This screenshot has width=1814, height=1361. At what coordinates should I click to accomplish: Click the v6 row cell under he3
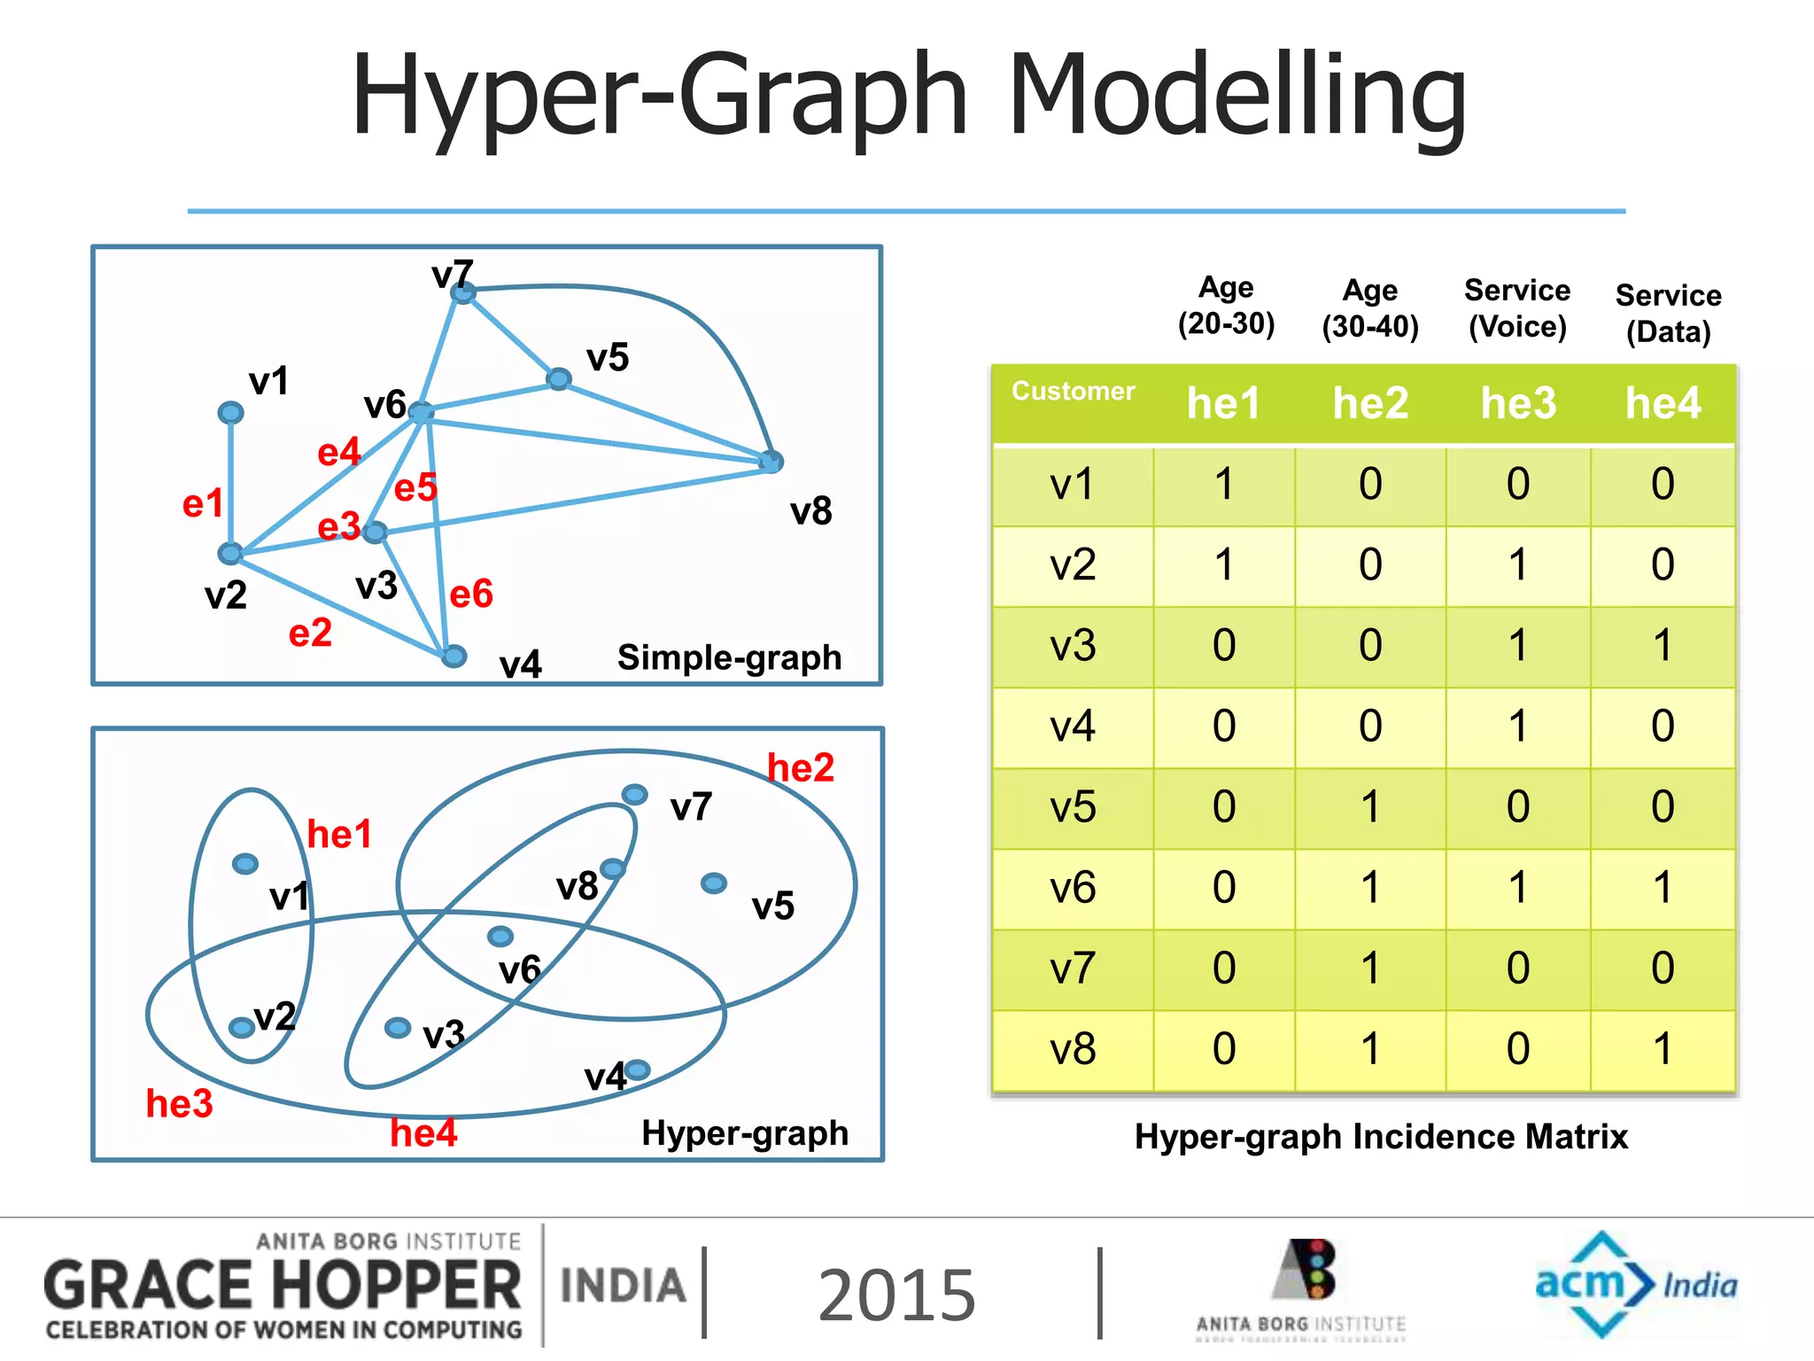click(x=1517, y=888)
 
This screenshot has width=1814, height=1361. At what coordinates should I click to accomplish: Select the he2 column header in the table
click(x=1370, y=403)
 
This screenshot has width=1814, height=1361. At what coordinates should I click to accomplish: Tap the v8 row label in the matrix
click(x=1073, y=1049)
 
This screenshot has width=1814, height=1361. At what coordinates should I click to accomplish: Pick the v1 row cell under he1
click(x=1224, y=485)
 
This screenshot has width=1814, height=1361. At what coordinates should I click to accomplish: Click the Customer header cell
click(x=1073, y=392)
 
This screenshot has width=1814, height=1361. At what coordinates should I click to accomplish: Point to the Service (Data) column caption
click(x=1668, y=313)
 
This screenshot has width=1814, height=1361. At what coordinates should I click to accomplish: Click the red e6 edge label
click(x=471, y=594)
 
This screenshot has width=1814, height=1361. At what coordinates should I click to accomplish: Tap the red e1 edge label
click(x=203, y=503)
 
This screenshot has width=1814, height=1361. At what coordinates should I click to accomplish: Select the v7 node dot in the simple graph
click(x=463, y=292)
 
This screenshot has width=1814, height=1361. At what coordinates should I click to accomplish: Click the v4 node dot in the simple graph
click(x=453, y=656)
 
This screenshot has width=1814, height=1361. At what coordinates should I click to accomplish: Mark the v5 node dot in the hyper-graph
click(x=714, y=883)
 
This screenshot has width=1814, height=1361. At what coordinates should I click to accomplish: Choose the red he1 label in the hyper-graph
click(x=339, y=834)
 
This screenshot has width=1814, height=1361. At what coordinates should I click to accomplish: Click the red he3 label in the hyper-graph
click(x=180, y=1104)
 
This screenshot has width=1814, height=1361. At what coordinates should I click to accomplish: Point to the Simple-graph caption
click(x=729, y=657)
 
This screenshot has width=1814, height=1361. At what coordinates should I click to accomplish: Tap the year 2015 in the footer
click(x=896, y=1295)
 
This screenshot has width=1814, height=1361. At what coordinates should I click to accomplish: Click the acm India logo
click(x=1635, y=1284)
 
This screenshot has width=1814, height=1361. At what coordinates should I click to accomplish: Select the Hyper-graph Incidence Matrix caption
click(x=1381, y=1137)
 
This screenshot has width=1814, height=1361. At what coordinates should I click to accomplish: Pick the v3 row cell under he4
click(x=1663, y=646)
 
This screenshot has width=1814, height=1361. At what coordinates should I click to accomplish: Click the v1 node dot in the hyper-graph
click(x=245, y=863)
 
